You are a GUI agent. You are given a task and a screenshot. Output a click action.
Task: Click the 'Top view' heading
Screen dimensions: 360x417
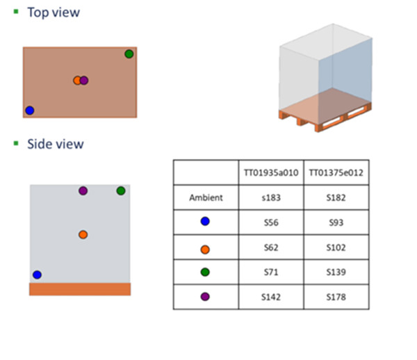[x=53, y=13]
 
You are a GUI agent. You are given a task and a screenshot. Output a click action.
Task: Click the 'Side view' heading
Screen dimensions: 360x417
[x=55, y=144]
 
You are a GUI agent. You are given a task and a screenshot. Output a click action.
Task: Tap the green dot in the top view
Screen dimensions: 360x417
[x=129, y=54]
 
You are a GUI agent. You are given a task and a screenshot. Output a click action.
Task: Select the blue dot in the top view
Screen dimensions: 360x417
[x=29, y=111]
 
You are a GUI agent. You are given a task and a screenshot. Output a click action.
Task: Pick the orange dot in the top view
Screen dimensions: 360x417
[x=77, y=81]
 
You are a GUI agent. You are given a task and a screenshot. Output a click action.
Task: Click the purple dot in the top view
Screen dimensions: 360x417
[x=84, y=81]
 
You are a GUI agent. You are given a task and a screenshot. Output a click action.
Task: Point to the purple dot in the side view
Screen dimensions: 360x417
[x=83, y=190]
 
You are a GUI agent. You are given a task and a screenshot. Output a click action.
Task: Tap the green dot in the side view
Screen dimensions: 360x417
[x=121, y=190]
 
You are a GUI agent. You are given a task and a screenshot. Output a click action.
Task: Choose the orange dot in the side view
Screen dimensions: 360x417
[x=83, y=235]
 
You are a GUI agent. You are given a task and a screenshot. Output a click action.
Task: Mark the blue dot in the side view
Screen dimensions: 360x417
[x=37, y=275]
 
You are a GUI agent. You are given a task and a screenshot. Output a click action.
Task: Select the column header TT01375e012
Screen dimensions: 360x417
[x=336, y=172]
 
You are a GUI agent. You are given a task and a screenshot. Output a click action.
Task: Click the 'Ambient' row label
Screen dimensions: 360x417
[x=206, y=198]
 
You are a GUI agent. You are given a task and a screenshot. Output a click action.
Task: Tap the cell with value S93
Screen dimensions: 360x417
[x=336, y=222]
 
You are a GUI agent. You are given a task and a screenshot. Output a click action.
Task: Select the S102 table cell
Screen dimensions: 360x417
[x=336, y=247]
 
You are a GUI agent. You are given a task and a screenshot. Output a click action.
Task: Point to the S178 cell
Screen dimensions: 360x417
[x=336, y=297]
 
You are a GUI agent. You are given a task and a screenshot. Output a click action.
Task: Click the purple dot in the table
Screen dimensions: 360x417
[x=205, y=297]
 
